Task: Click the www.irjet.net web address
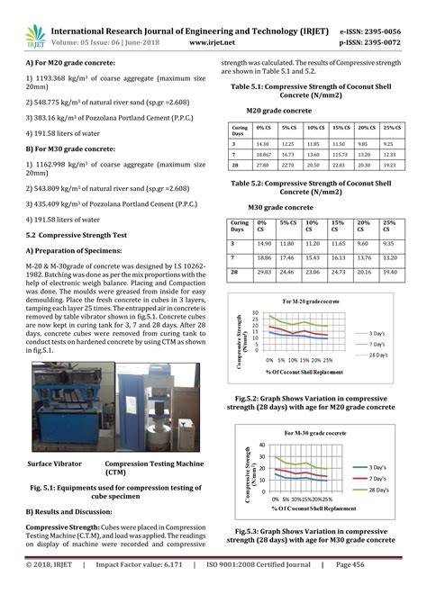click(x=213, y=41)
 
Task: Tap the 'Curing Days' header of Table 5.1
click(x=239, y=130)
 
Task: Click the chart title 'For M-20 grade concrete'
click(x=312, y=300)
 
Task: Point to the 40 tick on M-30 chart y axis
click(x=262, y=445)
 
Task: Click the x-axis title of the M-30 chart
click(x=306, y=508)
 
